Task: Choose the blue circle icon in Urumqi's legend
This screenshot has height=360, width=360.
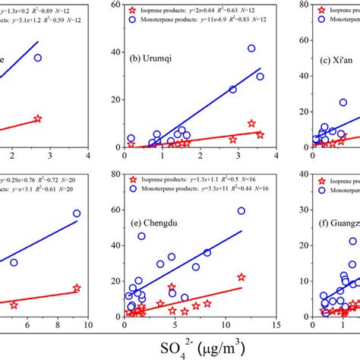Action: (x=133, y=25)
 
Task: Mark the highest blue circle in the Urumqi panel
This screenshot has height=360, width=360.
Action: (x=251, y=49)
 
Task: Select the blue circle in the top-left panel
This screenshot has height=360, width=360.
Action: (x=37, y=58)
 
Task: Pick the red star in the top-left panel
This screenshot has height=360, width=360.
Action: (x=37, y=118)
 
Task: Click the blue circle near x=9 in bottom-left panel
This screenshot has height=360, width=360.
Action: (x=77, y=213)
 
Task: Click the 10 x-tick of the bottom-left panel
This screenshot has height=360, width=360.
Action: (x=88, y=325)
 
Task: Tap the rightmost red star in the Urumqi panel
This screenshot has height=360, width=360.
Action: (x=260, y=134)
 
